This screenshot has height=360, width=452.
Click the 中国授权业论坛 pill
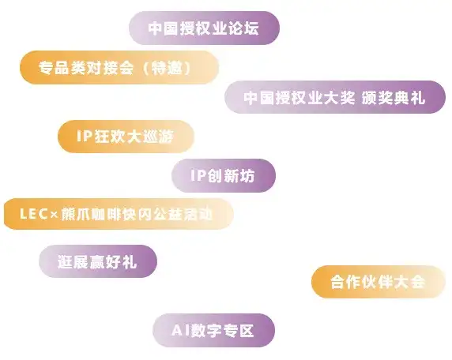(x=205, y=28)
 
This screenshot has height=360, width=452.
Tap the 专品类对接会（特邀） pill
(x=119, y=67)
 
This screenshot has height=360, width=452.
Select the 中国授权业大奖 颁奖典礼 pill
(x=335, y=97)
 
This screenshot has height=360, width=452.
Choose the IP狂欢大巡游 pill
(x=126, y=137)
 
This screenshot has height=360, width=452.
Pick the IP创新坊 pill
(x=224, y=175)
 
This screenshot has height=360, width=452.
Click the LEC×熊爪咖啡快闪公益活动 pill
(x=119, y=214)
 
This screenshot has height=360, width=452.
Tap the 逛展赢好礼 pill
(x=98, y=261)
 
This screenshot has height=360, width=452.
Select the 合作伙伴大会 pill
(x=379, y=281)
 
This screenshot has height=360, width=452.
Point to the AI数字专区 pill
(x=213, y=330)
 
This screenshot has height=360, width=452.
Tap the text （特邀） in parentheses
(x=168, y=68)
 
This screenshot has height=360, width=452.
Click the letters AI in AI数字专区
(x=180, y=330)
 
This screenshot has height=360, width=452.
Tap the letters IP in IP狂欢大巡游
(x=85, y=136)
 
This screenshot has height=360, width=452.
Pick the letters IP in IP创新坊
(x=198, y=175)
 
